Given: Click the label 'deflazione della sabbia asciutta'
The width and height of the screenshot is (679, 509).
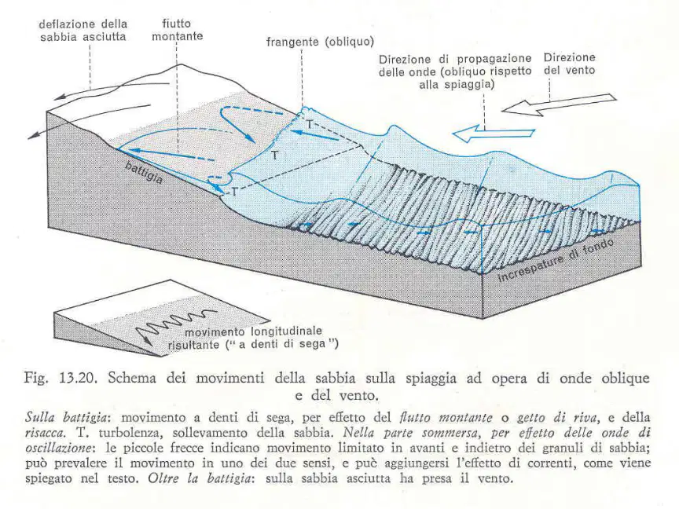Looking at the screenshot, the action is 83,30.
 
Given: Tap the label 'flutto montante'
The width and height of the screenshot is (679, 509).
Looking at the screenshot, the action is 177,29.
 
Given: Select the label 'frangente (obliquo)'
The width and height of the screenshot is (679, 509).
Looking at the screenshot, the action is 320,42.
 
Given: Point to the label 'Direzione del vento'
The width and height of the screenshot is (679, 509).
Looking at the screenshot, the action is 569,64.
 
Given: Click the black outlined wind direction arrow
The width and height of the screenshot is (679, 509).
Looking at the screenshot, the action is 559,104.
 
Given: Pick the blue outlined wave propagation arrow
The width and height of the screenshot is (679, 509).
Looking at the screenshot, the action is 493,133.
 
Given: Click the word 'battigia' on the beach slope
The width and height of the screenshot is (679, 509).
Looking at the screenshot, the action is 144,172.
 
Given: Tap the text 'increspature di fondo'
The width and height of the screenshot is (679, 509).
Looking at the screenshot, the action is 555,260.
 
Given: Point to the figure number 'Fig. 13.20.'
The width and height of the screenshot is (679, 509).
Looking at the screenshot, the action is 58,379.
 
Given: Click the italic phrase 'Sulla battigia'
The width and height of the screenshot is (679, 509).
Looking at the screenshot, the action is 66,417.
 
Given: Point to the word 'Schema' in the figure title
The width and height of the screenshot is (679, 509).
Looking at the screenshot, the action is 132,379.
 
